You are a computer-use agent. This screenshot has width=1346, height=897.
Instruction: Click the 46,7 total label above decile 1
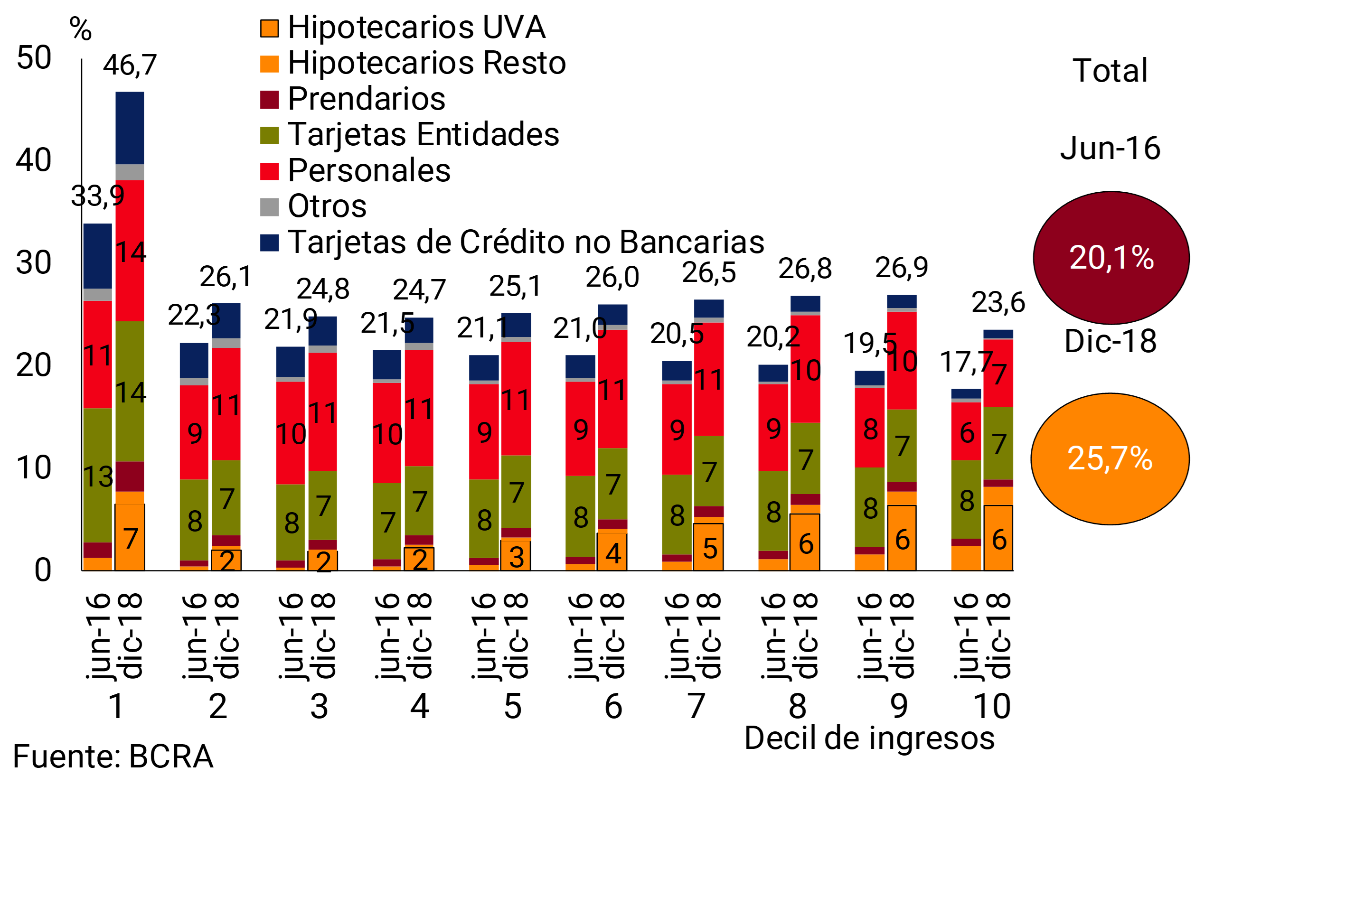pos(130,65)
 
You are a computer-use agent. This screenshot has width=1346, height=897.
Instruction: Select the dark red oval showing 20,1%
pos(1111,258)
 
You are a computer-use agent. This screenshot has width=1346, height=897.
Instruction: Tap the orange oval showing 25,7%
pos(1110,459)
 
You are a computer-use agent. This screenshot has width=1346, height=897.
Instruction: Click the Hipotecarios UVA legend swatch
pos(270,28)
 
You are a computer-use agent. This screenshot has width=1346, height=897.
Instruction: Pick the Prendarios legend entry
pos(366,99)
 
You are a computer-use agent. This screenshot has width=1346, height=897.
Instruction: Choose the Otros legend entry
pos(327,206)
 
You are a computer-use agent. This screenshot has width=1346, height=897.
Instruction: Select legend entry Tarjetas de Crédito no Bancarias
pos(526,242)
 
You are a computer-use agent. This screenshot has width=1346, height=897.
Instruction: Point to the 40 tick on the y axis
pos(34,160)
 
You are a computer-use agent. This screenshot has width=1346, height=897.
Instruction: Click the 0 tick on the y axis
pos(43,570)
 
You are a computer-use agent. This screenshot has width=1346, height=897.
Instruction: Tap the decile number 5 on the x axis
pos(512,707)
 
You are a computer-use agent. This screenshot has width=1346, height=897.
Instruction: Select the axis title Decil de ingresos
pos(869,738)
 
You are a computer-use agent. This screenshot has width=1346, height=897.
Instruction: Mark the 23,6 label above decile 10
pos(998,303)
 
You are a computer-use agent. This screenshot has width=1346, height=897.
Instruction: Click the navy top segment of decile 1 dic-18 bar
pos(130,128)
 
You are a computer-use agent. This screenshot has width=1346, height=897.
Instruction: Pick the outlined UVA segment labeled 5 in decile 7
pos(708,548)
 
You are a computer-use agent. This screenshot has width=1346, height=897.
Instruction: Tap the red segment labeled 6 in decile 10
pos(966,432)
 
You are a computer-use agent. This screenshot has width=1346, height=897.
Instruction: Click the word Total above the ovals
pos(1110,71)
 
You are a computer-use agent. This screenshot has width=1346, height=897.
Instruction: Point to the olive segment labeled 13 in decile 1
pos(98,475)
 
